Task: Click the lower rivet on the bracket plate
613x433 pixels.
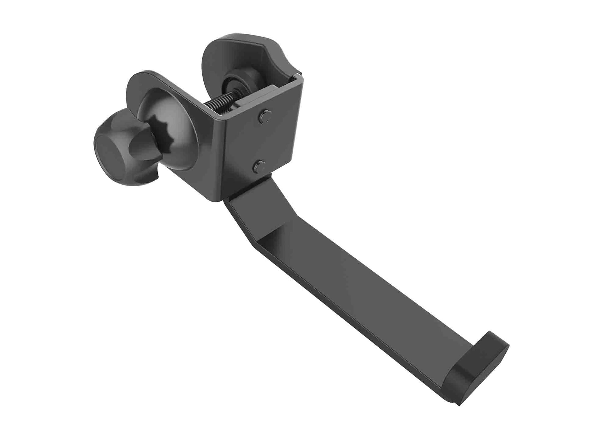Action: pos(259,167)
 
